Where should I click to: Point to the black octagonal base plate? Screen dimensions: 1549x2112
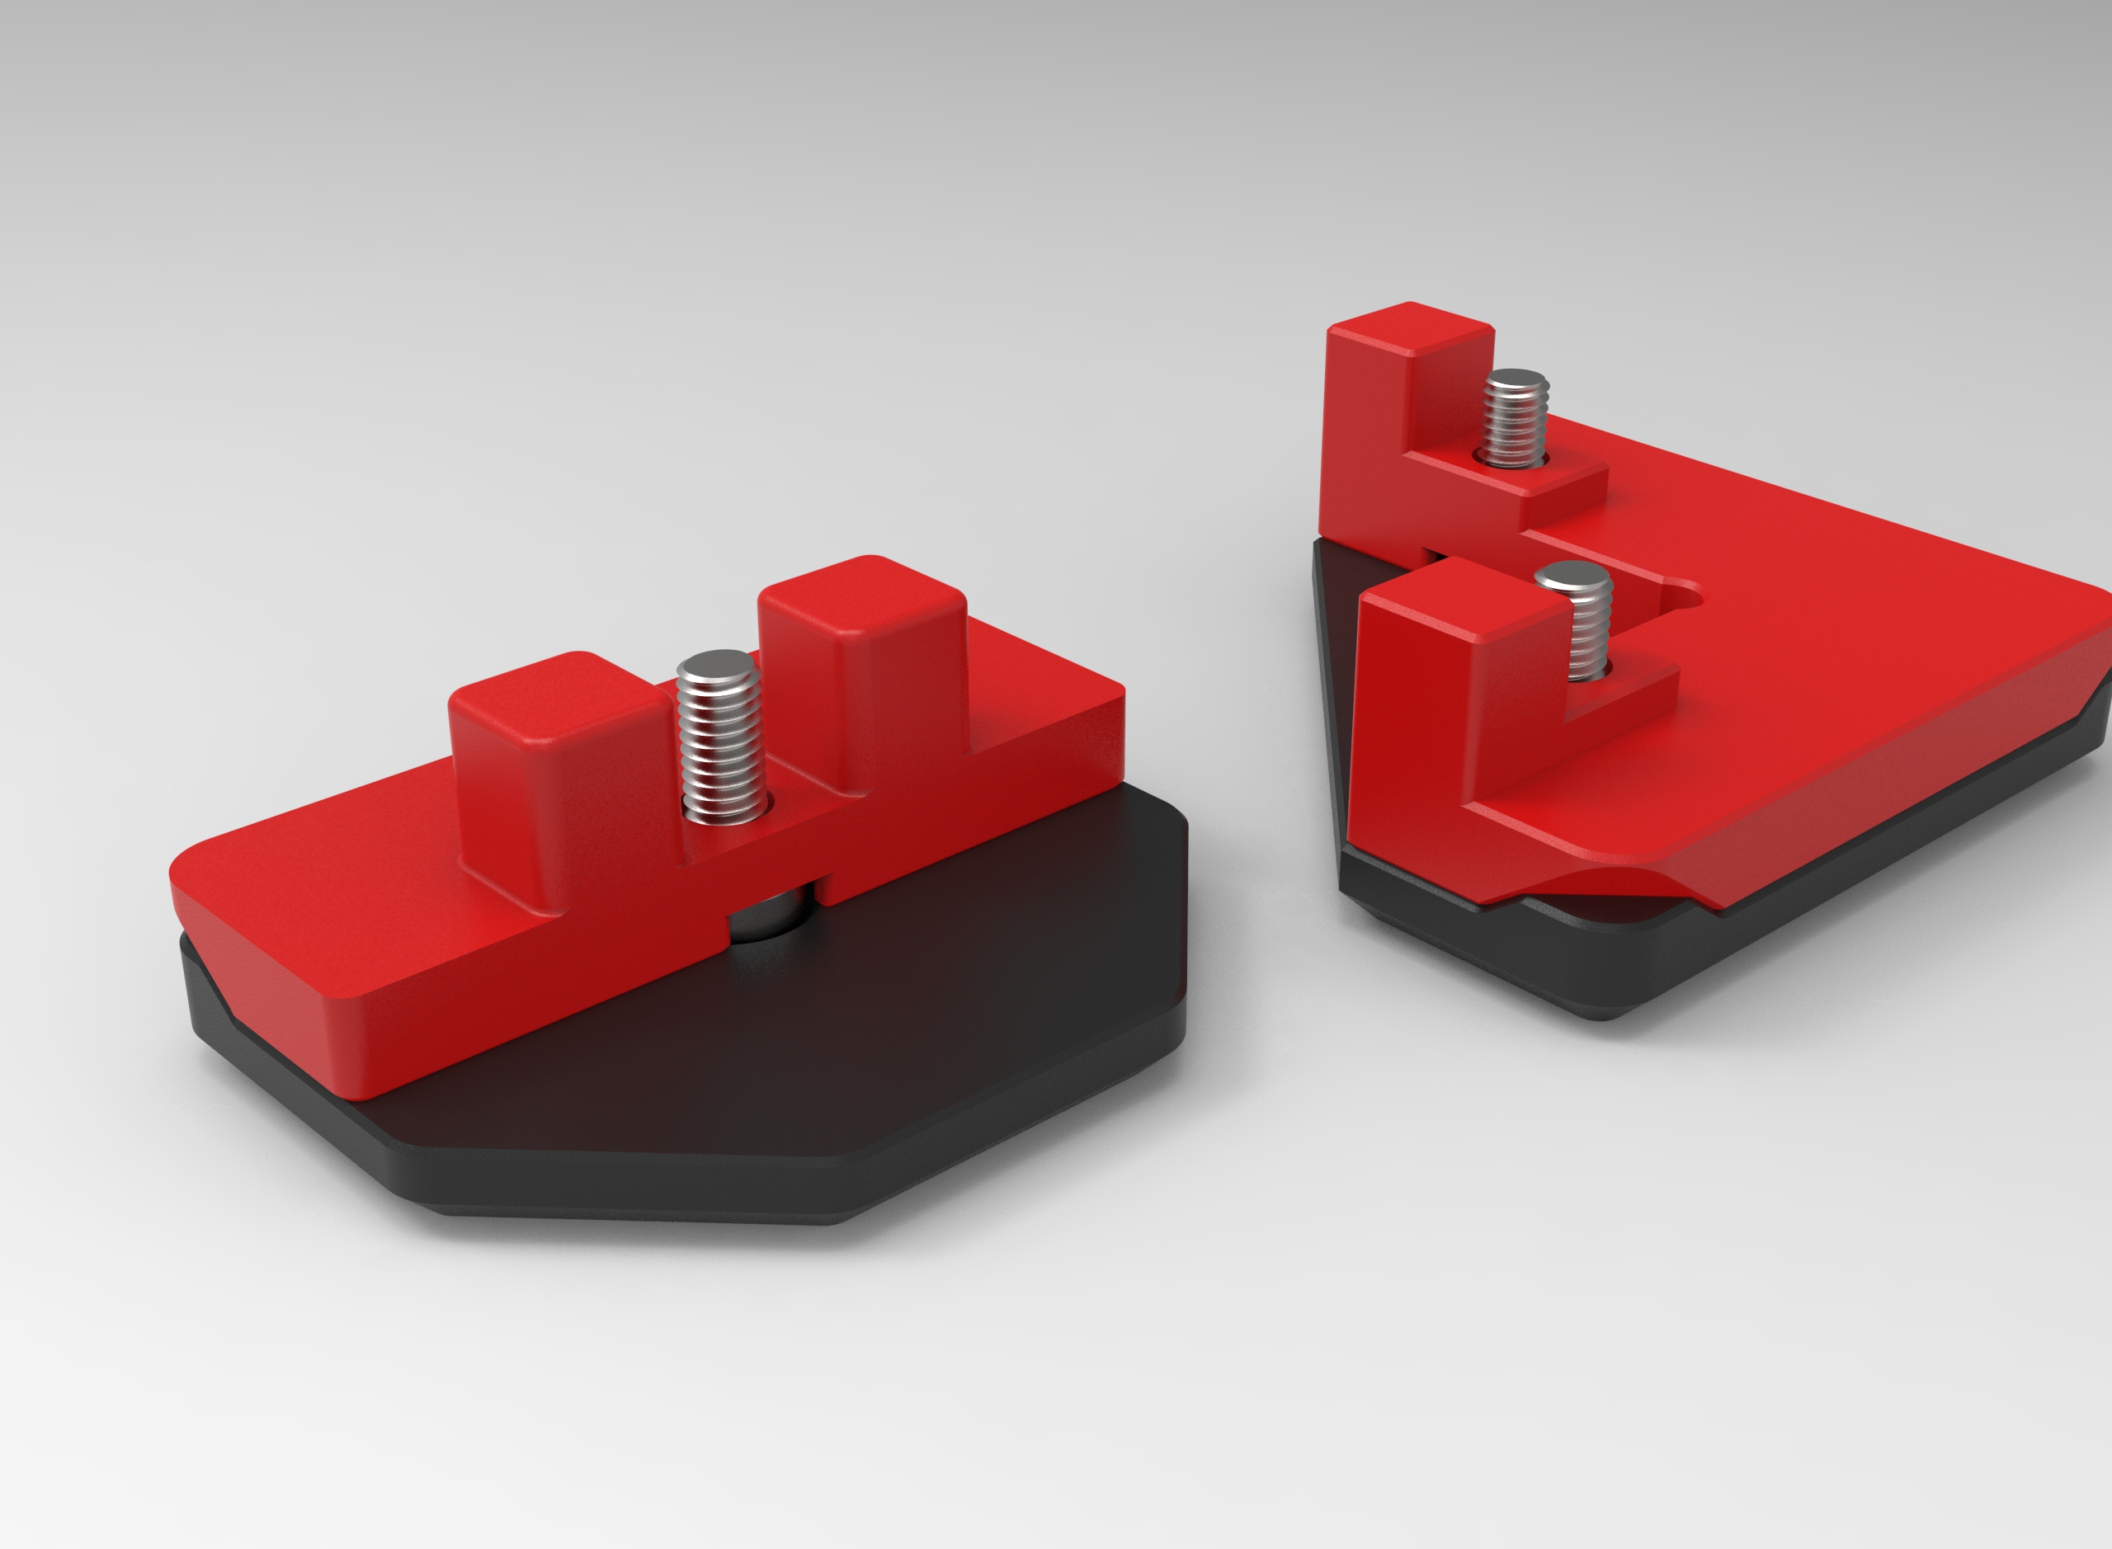tap(844, 1078)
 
